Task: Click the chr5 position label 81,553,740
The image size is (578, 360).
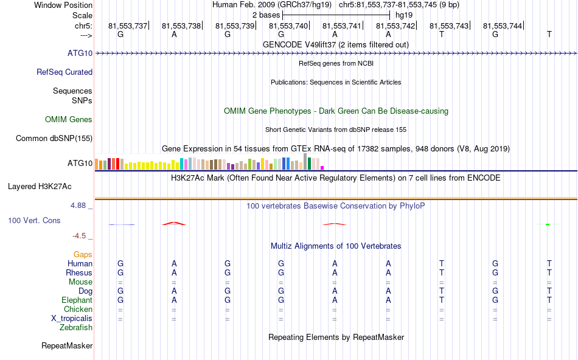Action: [x=288, y=26]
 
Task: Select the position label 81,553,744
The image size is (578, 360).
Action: [x=503, y=26]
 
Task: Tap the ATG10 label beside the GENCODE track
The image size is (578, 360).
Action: [x=80, y=54]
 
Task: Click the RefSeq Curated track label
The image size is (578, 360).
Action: [x=64, y=72]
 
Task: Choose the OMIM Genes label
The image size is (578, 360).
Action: [x=69, y=120]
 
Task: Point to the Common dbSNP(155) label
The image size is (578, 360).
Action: [x=54, y=139]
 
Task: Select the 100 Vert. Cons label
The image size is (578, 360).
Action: [x=34, y=220]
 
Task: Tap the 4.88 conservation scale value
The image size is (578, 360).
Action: [x=79, y=206]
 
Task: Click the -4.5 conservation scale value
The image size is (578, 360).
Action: [x=80, y=236]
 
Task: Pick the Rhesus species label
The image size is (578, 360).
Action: [x=79, y=273]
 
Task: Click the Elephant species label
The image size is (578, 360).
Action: [x=77, y=300]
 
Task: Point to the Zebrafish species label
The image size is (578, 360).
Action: [x=76, y=328]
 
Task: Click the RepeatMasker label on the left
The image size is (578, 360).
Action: [x=67, y=346]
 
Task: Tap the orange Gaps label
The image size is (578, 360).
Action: [x=83, y=255]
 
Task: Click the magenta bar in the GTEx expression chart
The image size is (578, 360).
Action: [x=322, y=167]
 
